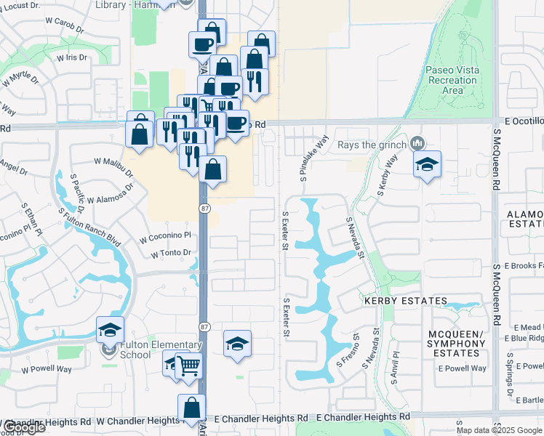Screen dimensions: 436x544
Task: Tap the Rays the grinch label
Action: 372,144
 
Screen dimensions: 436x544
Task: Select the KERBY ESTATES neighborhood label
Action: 405,301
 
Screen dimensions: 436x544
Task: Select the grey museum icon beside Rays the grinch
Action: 417,142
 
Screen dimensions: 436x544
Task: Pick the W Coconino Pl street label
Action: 165,235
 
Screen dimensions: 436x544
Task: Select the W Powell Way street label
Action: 47,369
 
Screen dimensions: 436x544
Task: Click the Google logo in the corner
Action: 23,427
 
